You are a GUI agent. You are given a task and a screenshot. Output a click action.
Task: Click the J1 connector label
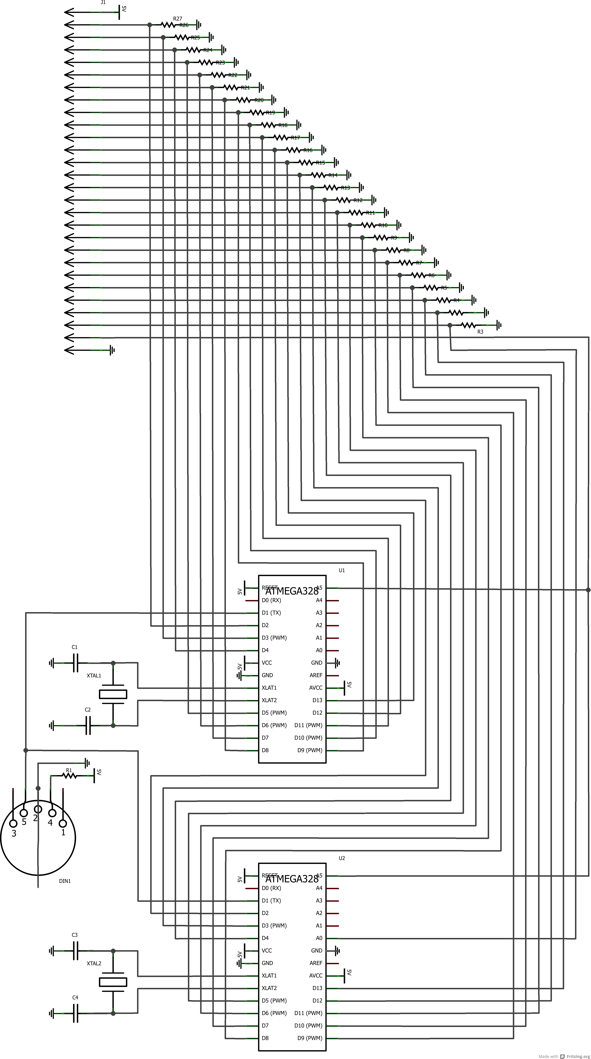tap(103, 3)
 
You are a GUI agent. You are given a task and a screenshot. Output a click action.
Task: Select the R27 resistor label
tap(178, 19)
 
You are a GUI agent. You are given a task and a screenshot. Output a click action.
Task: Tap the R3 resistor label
tap(480, 332)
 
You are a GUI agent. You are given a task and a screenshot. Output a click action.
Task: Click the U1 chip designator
tap(342, 570)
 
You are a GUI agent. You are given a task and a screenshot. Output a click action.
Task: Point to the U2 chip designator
tap(342, 858)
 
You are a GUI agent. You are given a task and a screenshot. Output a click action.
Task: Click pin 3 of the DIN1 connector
tap(13, 823)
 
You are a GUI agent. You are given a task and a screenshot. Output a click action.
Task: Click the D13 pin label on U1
tap(317, 700)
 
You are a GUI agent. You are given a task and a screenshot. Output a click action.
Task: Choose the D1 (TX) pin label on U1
tap(271, 613)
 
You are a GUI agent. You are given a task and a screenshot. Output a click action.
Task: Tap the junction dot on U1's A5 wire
tap(588, 590)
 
